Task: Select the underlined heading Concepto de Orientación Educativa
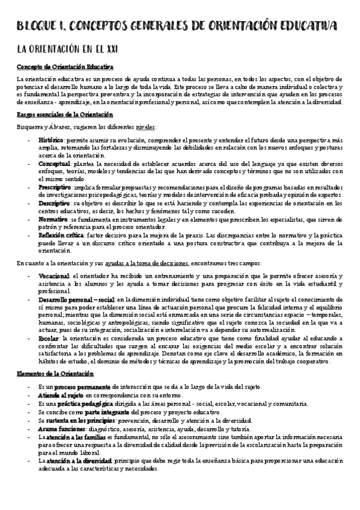pyautogui.click(x=65, y=67)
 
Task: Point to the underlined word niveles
pyautogui.click(x=145, y=127)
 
